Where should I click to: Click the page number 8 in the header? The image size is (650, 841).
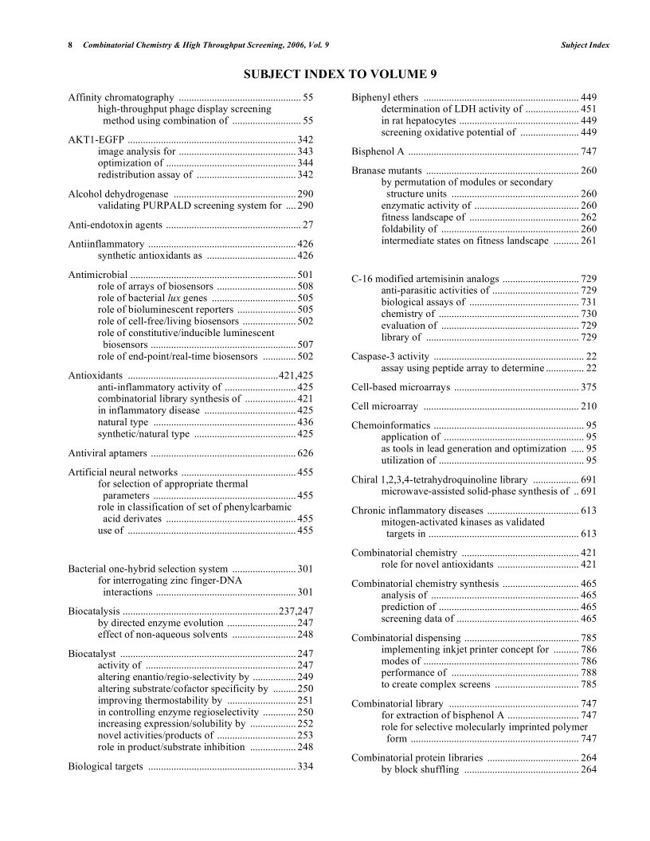(71, 45)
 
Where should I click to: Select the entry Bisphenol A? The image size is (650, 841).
(380, 151)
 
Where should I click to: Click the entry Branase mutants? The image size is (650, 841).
(386, 170)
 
